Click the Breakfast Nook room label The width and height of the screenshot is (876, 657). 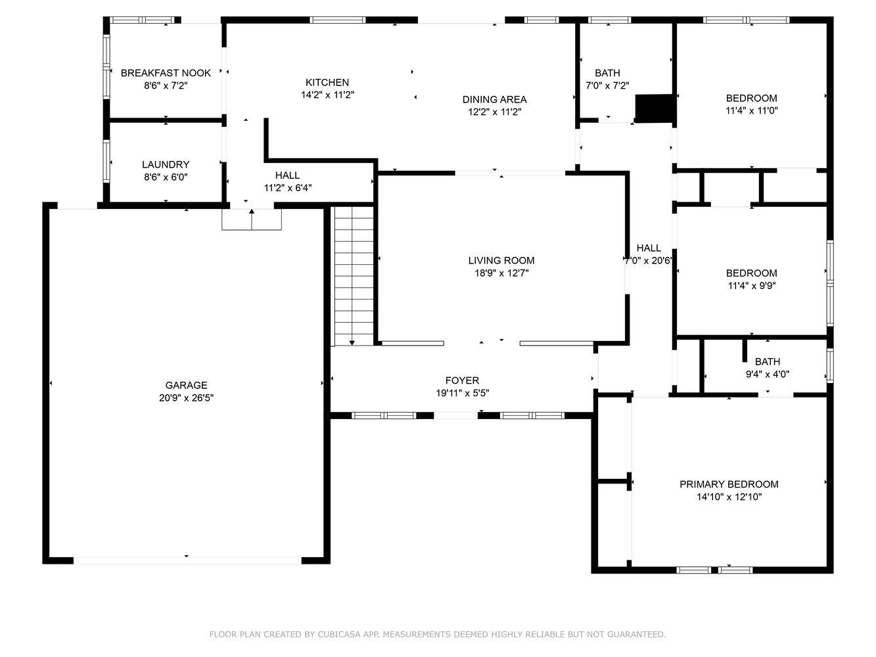[x=166, y=73]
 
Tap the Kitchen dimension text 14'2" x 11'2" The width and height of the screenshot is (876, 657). [x=328, y=95]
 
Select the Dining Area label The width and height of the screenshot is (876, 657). [x=494, y=99]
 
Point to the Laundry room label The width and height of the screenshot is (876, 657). [x=166, y=164]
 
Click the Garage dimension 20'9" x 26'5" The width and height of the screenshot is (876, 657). [x=187, y=397]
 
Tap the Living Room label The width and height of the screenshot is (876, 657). [x=501, y=260]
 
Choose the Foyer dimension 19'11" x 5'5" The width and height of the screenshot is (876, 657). [x=463, y=393]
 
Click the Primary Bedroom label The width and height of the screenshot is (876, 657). [x=729, y=484]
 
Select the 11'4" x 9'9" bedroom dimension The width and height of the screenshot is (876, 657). [x=752, y=286]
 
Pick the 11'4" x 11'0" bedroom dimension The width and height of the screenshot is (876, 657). [x=752, y=110]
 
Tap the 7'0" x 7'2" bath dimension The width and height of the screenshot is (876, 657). [x=607, y=85]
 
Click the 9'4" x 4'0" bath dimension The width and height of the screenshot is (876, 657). [x=768, y=374]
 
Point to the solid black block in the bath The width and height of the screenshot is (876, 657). [x=655, y=108]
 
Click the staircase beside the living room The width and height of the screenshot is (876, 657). [x=354, y=276]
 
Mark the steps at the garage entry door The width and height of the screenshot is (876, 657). [x=252, y=219]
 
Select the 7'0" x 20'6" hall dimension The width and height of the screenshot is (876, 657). [x=649, y=261]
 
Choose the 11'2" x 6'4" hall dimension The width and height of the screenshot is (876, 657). [x=288, y=187]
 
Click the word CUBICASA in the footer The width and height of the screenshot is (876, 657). [x=339, y=634]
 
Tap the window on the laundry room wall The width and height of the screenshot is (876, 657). [x=106, y=161]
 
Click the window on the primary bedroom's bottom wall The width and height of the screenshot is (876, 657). [x=714, y=570]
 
